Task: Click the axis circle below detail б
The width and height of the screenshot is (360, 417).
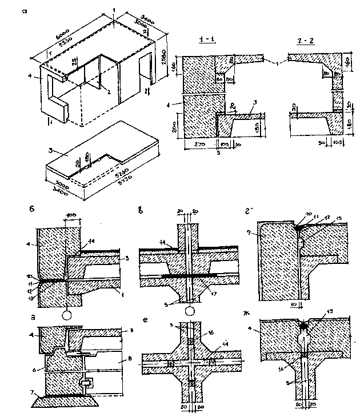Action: tap(66, 314)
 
